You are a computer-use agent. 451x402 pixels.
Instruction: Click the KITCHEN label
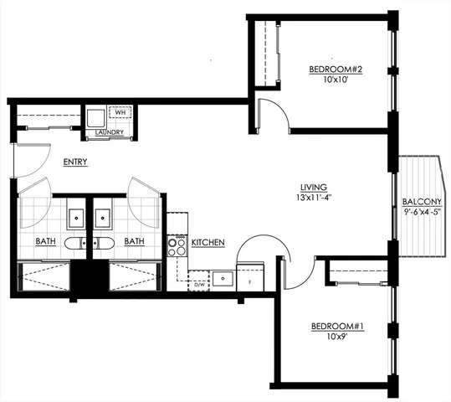(208, 243)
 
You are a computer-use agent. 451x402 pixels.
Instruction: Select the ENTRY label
(74, 162)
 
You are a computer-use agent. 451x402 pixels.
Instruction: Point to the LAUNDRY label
(110, 132)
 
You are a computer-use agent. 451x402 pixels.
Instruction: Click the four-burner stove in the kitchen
(177, 246)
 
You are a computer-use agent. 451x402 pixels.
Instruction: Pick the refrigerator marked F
(250, 279)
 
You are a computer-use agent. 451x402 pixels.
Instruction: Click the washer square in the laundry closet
(95, 116)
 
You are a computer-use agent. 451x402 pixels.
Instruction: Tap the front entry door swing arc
(27, 161)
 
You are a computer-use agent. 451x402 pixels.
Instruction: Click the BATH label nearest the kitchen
(135, 242)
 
